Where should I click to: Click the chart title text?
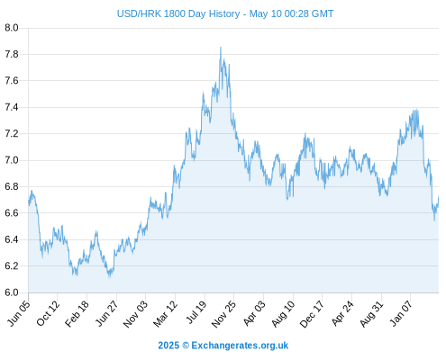[225, 13]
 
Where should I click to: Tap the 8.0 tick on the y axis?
[12, 28]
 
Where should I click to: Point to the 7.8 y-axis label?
[12, 54]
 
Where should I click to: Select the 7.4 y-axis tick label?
[12, 107]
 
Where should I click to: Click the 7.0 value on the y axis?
[12, 160]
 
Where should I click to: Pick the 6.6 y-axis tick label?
[12, 213]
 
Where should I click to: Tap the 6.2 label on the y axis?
[12, 266]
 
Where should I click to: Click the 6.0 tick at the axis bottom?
[12, 292]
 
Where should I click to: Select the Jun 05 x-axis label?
[19, 312]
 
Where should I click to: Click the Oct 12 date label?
[48, 312]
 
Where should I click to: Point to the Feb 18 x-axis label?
[77, 313]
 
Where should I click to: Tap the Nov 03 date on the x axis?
[135, 314]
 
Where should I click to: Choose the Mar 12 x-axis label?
[165, 313]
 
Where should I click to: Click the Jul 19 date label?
[196, 312]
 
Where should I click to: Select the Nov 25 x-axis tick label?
[223, 314]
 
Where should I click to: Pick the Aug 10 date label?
[283, 313]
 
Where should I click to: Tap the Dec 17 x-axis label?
[312, 314]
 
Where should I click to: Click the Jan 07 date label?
[401, 313]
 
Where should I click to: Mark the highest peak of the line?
[221, 48]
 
